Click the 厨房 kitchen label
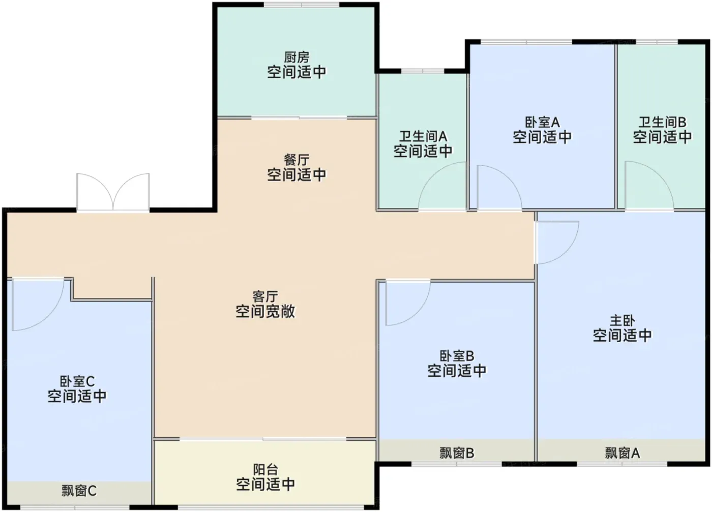pyautogui.click(x=296, y=57)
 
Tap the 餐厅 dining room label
pyautogui.click(x=296, y=160)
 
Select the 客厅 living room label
pyautogui.click(x=265, y=297)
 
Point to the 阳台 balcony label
pyautogui.click(x=265, y=470)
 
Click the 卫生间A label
pyautogui.click(x=423, y=136)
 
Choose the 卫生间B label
pyautogui.click(x=662, y=123)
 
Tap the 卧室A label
pyautogui.click(x=542, y=123)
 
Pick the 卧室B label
pyautogui.click(x=457, y=356)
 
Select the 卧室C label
pyautogui.click(x=77, y=381)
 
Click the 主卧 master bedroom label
pyautogui.click(x=622, y=321)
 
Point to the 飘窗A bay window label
pyautogui.click(x=622, y=453)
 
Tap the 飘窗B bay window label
pyautogui.click(x=457, y=453)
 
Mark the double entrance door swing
pyautogui.click(x=113, y=192)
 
